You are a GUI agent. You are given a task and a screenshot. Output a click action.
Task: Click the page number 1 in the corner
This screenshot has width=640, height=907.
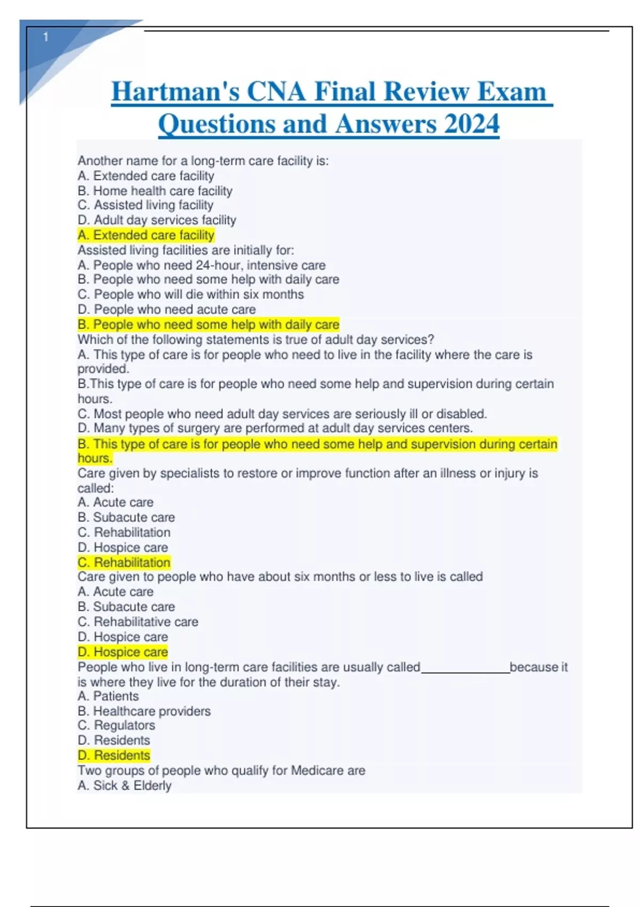tap(46, 37)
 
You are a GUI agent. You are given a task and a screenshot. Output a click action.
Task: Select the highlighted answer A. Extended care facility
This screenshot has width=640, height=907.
tap(146, 235)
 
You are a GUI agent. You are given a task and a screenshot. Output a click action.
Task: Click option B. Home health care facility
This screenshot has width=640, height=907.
tap(155, 190)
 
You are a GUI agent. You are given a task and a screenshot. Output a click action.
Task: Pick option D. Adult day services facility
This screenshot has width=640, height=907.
tap(156, 220)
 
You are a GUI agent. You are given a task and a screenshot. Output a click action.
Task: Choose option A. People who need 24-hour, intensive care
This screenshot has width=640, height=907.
tap(201, 265)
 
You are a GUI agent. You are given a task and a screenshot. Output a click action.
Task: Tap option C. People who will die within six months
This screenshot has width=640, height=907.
tap(190, 295)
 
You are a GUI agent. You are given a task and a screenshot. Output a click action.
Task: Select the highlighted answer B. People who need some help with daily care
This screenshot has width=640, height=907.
tap(208, 324)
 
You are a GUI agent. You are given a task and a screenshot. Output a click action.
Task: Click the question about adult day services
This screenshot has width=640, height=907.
tap(255, 339)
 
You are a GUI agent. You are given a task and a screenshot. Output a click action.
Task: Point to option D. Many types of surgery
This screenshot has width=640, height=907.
tap(275, 428)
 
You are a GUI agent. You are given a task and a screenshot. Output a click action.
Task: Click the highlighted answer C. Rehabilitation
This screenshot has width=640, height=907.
tap(124, 562)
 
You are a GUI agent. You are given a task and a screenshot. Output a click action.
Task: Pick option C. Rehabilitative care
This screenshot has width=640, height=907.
tap(138, 622)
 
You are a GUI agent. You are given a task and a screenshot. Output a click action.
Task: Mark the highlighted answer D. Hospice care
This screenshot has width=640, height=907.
tap(123, 652)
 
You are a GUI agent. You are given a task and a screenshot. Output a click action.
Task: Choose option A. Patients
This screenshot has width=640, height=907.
tap(108, 696)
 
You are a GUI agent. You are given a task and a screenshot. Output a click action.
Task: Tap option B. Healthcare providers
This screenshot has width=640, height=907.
tap(144, 711)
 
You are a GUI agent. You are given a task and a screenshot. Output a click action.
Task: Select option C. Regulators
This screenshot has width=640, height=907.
tap(116, 726)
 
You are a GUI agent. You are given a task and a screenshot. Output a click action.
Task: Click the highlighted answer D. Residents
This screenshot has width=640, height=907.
tap(114, 755)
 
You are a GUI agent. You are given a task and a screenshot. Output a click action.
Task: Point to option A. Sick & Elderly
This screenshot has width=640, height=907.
tap(124, 785)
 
